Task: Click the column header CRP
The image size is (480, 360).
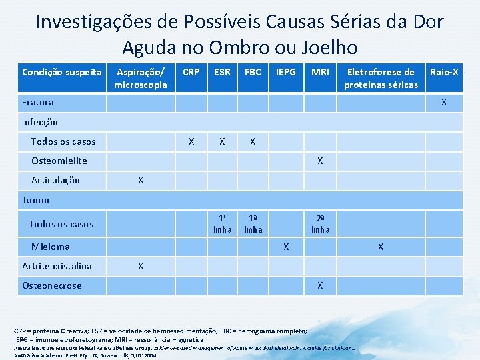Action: click(x=191, y=72)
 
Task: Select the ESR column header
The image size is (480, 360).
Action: click(x=222, y=72)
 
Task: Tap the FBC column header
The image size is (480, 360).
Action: click(x=253, y=72)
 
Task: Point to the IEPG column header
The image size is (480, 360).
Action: click(x=286, y=72)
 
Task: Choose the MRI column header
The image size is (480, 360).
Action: click(x=320, y=72)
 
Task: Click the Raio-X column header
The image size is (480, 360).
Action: click(x=444, y=72)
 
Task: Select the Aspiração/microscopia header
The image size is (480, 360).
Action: click(x=141, y=78)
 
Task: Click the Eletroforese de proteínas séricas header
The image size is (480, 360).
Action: click(x=381, y=78)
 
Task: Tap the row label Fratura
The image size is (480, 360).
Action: click(x=38, y=103)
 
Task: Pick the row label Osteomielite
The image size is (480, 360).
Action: click(x=59, y=161)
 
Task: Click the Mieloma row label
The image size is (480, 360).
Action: click(x=50, y=247)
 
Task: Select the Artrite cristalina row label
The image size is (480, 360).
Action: click(x=57, y=266)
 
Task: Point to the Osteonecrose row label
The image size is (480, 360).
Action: click(x=51, y=285)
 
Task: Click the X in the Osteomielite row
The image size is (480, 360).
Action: click(x=320, y=161)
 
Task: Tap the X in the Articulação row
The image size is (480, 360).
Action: click(x=141, y=180)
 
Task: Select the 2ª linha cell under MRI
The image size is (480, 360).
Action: click(x=320, y=223)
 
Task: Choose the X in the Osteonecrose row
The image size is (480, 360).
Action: click(x=320, y=285)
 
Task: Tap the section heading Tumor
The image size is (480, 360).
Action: click(x=36, y=200)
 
